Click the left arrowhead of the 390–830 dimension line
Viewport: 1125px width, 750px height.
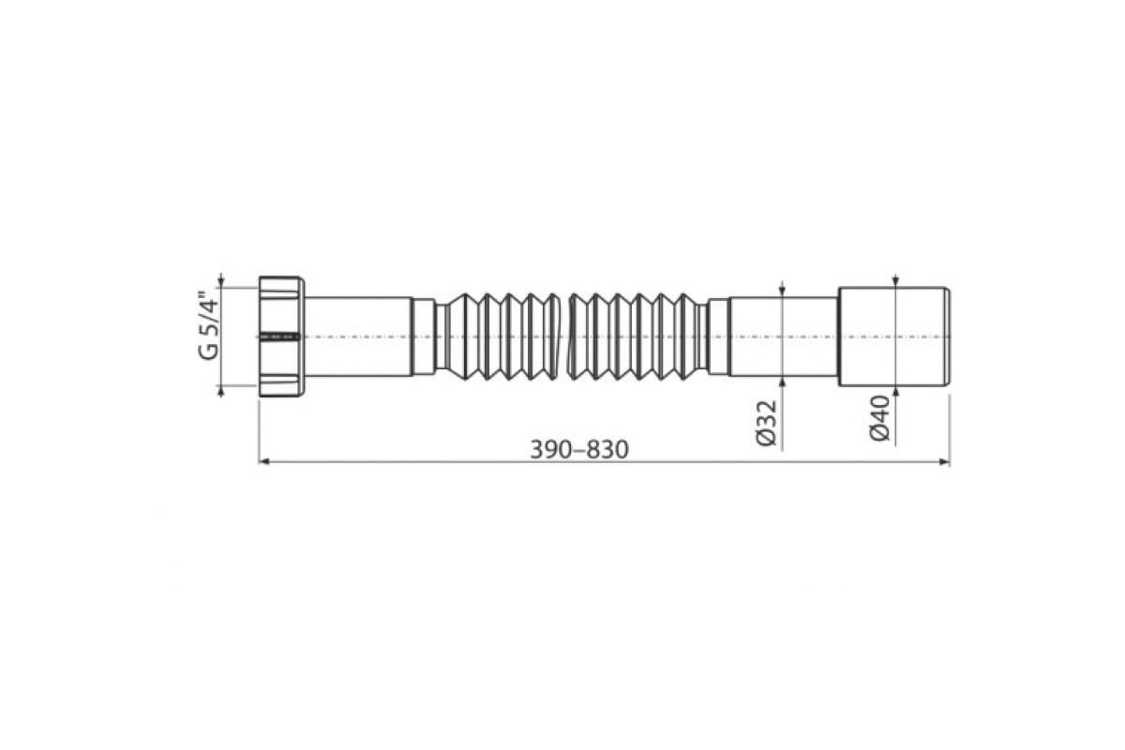click(x=263, y=461)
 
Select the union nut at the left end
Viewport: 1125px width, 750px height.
click(x=280, y=336)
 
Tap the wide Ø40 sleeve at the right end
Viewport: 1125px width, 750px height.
click(x=893, y=336)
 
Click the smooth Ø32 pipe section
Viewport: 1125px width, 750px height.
click(x=783, y=336)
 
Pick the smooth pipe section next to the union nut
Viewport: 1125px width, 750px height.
click(x=358, y=336)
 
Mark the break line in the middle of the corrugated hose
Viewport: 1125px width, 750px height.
click(x=570, y=336)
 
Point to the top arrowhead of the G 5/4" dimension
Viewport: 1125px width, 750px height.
click(x=221, y=280)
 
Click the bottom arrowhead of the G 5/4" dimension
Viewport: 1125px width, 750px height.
click(x=221, y=391)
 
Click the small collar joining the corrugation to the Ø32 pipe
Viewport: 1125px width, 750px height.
click(x=718, y=336)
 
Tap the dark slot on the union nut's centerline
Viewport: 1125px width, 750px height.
click(x=278, y=336)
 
